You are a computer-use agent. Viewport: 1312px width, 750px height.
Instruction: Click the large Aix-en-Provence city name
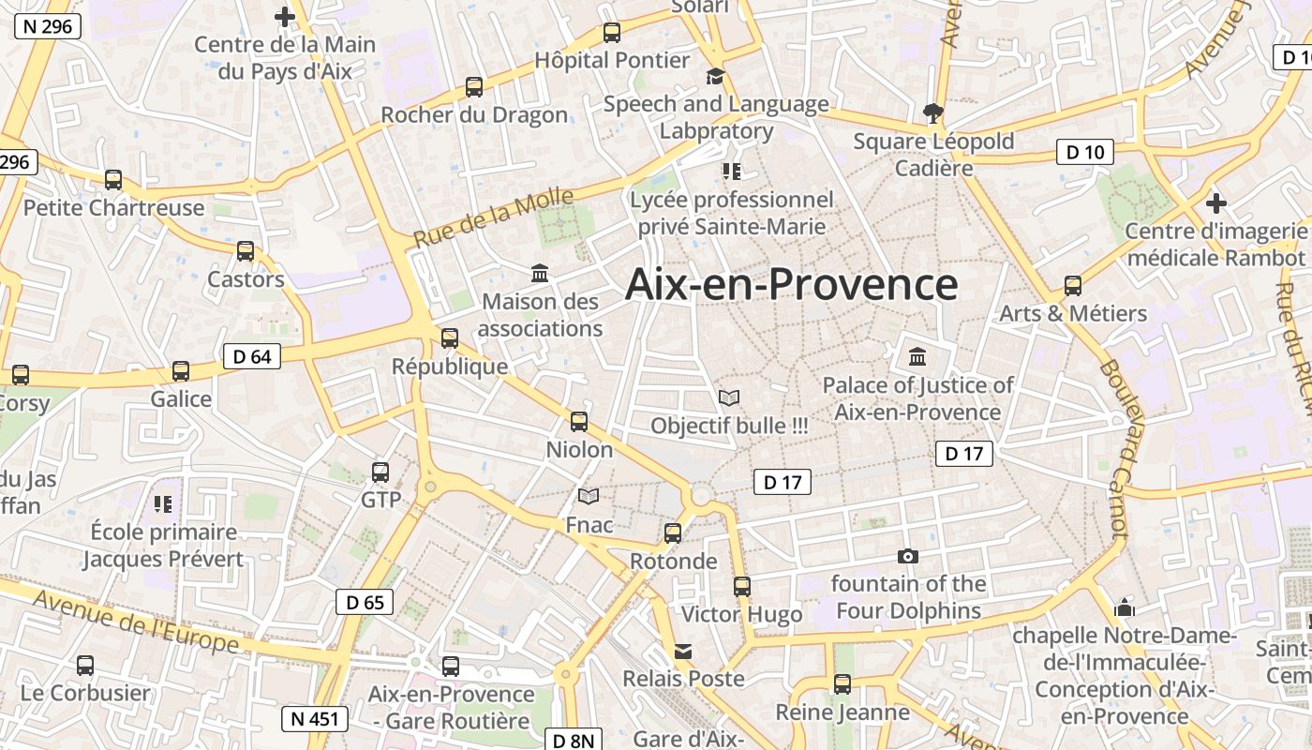791,284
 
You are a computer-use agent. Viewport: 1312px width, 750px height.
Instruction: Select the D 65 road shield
365,602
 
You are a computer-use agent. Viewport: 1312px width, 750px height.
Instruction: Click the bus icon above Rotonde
673,533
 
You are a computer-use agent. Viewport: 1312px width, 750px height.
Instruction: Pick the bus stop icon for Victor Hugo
742,587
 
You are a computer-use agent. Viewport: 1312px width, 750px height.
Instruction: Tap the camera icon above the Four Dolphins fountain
907,556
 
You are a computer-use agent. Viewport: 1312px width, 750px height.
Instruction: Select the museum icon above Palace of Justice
917,357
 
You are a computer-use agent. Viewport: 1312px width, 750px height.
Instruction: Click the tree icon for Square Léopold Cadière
932,113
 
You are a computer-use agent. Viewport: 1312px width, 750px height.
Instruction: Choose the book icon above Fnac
589,496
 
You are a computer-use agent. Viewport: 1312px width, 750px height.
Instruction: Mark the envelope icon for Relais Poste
683,652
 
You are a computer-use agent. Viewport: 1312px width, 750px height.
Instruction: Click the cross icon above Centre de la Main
284,16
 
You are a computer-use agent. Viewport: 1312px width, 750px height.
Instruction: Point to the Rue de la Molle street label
493,217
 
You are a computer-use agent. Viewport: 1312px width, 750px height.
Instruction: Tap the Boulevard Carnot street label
1112,450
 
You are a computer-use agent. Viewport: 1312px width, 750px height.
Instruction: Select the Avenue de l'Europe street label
137,621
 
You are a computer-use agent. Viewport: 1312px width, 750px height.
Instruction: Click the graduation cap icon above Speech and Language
716,76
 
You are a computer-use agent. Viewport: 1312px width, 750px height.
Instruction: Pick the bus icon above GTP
380,472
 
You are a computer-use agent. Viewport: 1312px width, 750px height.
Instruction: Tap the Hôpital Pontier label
612,60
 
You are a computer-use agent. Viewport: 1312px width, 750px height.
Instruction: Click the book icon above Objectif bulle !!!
728,397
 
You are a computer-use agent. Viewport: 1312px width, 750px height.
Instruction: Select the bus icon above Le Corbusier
85,666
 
